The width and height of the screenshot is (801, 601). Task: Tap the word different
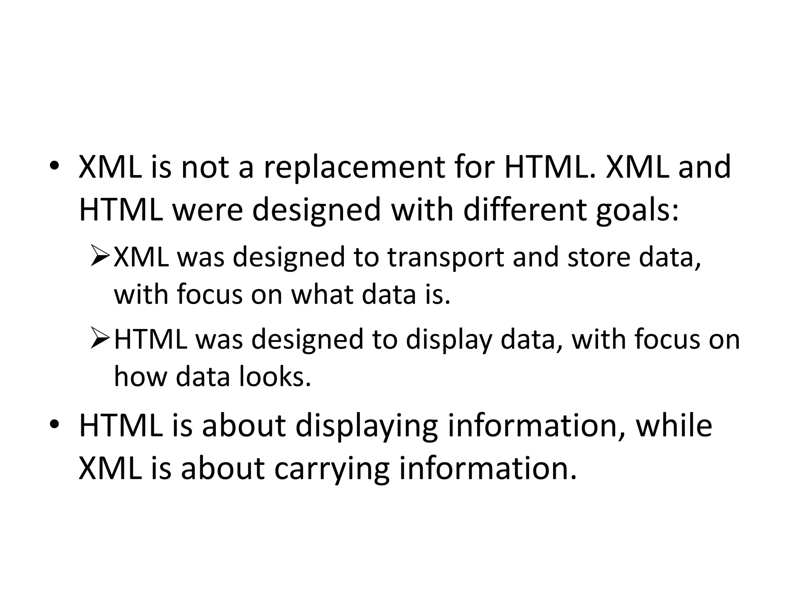point(525,209)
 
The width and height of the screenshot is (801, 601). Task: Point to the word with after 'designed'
point(422,209)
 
